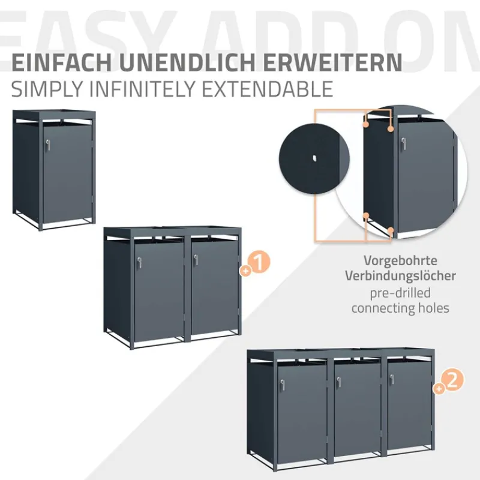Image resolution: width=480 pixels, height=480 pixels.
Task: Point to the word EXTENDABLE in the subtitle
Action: (275, 89)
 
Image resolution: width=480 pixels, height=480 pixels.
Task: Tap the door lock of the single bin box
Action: (47, 144)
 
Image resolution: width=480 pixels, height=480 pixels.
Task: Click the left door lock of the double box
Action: (140, 261)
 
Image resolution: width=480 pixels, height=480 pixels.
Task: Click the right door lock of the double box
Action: (194, 261)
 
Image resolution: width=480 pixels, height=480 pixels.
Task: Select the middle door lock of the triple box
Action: (338, 380)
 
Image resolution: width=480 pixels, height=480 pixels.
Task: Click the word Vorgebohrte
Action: (400, 262)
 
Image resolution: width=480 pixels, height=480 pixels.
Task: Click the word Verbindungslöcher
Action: (400, 276)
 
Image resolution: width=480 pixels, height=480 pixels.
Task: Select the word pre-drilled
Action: (400, 293)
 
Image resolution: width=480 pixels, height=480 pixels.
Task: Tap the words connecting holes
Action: (400, 308)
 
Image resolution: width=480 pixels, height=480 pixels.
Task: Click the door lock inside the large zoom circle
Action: (404, 144)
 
